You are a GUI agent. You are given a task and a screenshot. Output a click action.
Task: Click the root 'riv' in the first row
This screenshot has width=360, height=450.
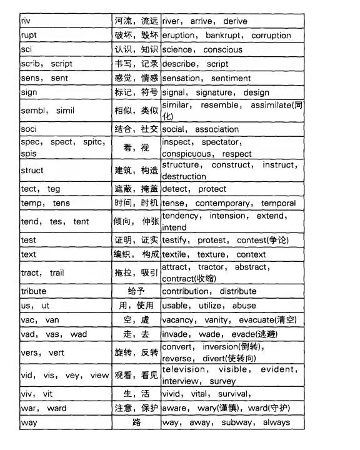point(26,21)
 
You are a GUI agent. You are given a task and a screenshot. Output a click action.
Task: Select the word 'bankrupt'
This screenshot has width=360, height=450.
point(225,35)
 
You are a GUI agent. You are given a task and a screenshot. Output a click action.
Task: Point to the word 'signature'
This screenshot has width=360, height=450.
point(214,92)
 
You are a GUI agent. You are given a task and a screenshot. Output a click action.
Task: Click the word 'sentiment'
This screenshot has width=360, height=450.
point(231,78)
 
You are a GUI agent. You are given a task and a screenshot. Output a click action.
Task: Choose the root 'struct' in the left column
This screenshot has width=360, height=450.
point(32,170)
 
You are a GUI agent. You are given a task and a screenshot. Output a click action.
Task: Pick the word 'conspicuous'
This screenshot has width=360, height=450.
point(187,154)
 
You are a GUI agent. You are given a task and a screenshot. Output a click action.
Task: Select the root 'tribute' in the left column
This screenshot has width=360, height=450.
point(34,291)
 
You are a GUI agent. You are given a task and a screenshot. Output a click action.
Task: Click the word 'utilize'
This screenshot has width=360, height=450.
point(212,306)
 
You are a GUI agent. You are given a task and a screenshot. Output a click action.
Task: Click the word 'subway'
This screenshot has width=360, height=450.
point(237,422)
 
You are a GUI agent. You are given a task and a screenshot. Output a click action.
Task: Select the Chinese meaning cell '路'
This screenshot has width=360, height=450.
point(136,422)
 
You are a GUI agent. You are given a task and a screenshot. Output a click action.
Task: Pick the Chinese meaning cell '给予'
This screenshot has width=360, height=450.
point(136,291)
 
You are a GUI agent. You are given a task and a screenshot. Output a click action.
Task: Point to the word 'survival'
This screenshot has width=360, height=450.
point(235,394)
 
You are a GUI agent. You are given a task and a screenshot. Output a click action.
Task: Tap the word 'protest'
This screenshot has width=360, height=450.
point(216,240)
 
